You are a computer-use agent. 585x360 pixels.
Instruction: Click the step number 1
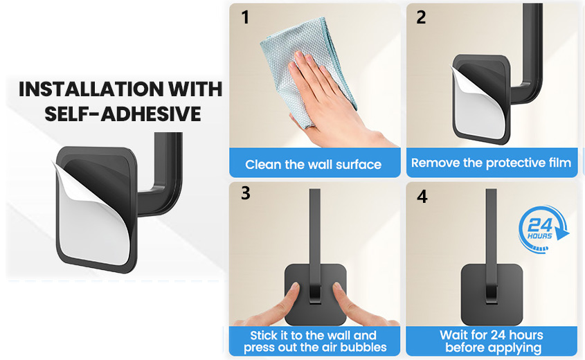[x=245, y=17]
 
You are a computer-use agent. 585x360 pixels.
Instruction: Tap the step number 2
[x=421, y=17]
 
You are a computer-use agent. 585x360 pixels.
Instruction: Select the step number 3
[x=246, y=193]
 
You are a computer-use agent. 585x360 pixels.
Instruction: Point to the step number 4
[x=422, y=197]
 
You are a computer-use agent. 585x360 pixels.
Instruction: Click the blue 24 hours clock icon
[x=543, y=229]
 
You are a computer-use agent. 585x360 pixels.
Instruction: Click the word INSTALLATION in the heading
[x=91, y=89]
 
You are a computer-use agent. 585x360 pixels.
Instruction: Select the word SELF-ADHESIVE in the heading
[x=123, y=114]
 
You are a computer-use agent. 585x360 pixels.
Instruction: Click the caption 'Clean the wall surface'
[x=314, y=165]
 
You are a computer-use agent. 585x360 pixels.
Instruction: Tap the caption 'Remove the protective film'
[x=491, y=163]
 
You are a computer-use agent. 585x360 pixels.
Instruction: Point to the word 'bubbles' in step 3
[x=363, y=348]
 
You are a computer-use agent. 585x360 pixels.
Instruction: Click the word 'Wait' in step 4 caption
[x=453, y=335]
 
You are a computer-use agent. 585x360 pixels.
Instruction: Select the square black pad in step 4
[x=492, y=295]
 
